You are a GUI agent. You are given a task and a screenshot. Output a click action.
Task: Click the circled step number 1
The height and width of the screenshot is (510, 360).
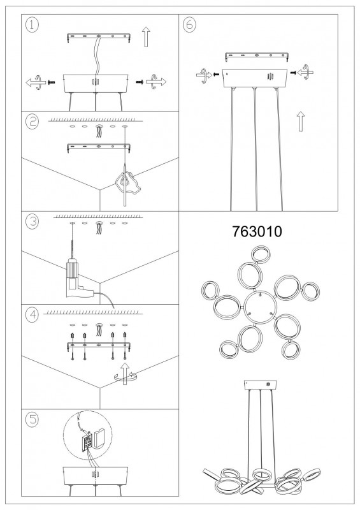coord(32,25)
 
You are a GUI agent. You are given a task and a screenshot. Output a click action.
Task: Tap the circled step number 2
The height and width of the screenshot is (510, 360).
coord(32,122)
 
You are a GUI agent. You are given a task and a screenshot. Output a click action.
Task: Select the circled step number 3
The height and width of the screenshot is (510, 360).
coord(32,221)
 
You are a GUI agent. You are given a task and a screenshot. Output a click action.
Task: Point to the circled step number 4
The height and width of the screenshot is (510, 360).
coord(32,314)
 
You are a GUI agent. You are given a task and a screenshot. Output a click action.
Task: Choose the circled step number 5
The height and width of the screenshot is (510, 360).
coord(32,419)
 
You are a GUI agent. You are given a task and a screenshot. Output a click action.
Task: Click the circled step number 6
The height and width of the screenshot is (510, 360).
coord(189,25)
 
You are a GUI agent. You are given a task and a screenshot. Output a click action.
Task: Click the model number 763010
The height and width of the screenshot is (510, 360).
coord(257,231)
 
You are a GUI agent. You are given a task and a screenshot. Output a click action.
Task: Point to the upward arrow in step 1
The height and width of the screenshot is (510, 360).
coord(146,37)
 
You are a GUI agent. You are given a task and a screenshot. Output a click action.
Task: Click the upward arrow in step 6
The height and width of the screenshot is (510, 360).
coord(301,121)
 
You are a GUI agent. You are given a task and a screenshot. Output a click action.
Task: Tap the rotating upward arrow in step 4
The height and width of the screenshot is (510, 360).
coord(125,374)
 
